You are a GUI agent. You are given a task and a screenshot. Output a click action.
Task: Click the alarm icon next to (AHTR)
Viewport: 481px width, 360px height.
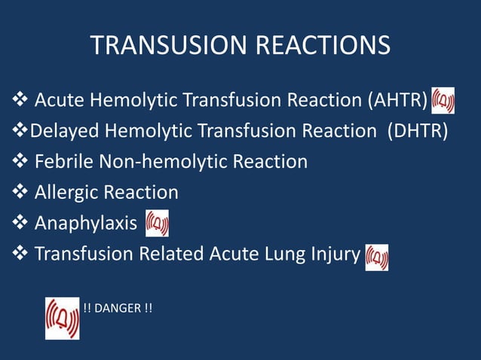[443, 100]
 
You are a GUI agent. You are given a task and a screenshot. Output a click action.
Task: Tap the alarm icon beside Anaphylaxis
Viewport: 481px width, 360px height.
[157, 224]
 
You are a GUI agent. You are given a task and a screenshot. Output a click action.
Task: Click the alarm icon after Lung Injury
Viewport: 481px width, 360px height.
[376, 257]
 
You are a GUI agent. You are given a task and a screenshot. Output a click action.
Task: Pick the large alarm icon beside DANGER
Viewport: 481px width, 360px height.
[62, 318]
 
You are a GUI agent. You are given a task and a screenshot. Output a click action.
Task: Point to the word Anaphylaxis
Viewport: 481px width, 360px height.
[86, 224]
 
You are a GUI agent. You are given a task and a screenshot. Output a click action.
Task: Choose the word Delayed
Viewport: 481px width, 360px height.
[65, 131]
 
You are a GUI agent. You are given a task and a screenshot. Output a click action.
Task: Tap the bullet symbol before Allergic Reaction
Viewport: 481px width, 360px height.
[21, 193]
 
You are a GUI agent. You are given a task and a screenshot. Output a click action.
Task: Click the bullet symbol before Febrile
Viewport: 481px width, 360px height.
[21, 161]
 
